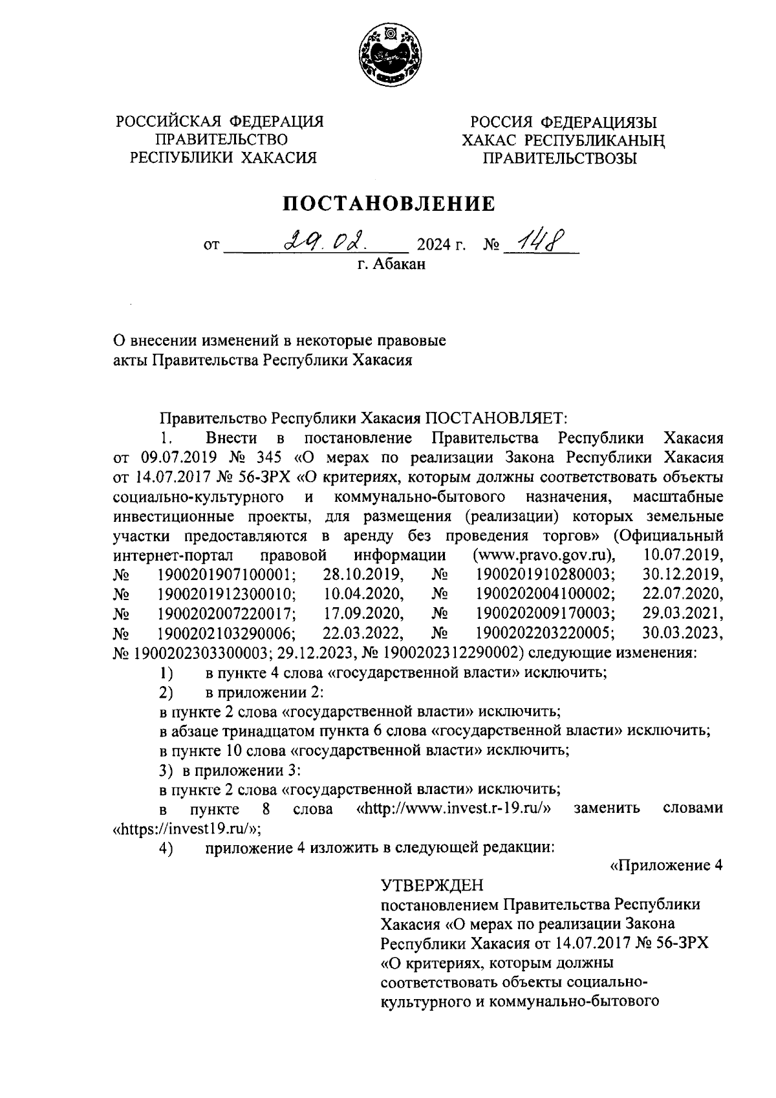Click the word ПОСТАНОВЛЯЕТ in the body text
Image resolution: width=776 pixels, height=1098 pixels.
click(x=495, y=418)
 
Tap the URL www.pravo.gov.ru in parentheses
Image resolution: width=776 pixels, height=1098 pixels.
click(x=543, y=555)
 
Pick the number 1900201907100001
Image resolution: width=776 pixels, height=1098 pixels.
click(x=226, y=574)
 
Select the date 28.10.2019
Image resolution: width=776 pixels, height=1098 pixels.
click(x=363, y=574)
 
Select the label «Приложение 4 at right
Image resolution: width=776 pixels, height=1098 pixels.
click(x=666, y=867)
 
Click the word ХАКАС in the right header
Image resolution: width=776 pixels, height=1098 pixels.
click(x=490, y=140)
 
